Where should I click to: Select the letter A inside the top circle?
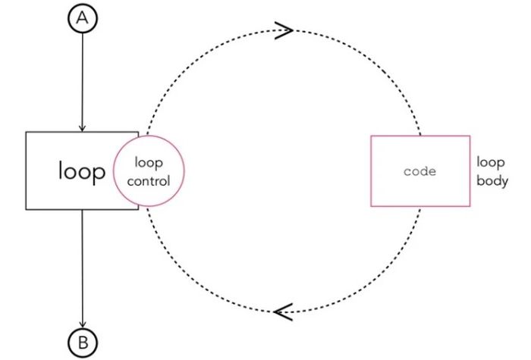coord(83,18)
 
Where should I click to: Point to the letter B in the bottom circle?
coord(83,343)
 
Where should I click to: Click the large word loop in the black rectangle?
coord(82,171)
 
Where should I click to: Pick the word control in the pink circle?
coord(149,181)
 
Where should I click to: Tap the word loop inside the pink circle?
coord(149,163)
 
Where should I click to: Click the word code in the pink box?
coord(420,171)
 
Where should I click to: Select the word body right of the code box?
coord(492,180)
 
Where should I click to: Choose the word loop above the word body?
coord(491,162)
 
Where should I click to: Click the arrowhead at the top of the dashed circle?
coord(284,30)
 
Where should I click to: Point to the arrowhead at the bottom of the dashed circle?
coord(283,311)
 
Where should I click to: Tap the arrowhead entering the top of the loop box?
coord(82,128)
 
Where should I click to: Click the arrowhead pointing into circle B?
coord(83,324)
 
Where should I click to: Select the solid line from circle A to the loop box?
coord(82,82)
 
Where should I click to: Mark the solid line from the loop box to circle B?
coord(82,269)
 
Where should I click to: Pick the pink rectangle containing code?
coord(371,171)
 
